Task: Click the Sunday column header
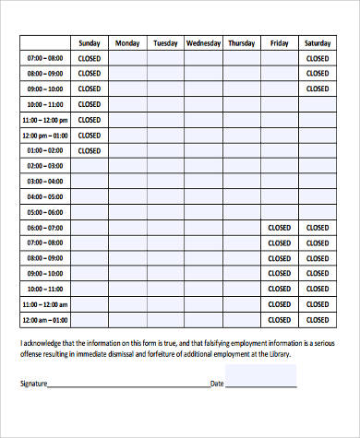coord(90,42)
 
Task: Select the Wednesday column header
coord(203,42)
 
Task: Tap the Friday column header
coord(279,42)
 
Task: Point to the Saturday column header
coord(317,42)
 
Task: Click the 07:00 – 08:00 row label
coord(45,57)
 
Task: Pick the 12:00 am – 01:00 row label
coord(45,320)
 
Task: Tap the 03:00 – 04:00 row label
coord(45,165)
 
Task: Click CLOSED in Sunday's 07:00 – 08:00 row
coord(90,57)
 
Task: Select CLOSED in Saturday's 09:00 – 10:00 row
coord(317,89)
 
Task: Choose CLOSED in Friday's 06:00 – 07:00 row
coord(279,227)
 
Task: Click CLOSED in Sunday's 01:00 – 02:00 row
coord(90,149)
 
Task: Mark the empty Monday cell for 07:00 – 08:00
coord(127,57)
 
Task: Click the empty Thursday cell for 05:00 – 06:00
coord(241,211)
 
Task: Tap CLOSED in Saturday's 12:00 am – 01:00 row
coord(317,320)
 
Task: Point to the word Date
coord(217,383)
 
